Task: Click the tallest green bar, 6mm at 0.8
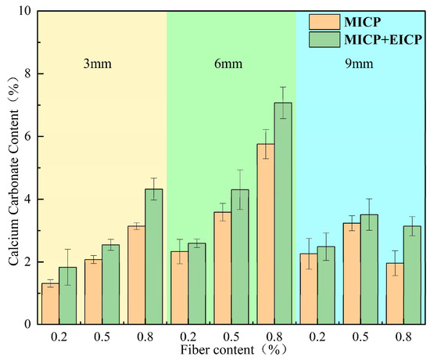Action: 283,214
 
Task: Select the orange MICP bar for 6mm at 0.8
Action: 266,234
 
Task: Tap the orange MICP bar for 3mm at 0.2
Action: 50,304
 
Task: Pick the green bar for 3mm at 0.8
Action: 154,257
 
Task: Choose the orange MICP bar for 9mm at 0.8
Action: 395,293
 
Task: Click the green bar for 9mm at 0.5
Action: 369,270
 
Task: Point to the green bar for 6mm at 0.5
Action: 240,257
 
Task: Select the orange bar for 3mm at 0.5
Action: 93,292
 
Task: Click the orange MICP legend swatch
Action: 324,22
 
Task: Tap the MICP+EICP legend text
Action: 383,40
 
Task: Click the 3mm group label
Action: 98,63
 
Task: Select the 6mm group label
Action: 228,63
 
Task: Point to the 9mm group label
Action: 359,63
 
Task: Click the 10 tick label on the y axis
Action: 26,11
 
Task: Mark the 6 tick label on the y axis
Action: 29,136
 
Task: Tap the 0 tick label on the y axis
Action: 29,324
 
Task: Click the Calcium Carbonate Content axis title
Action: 13,171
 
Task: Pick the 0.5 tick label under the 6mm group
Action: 231,337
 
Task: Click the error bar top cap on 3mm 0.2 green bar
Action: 67,249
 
